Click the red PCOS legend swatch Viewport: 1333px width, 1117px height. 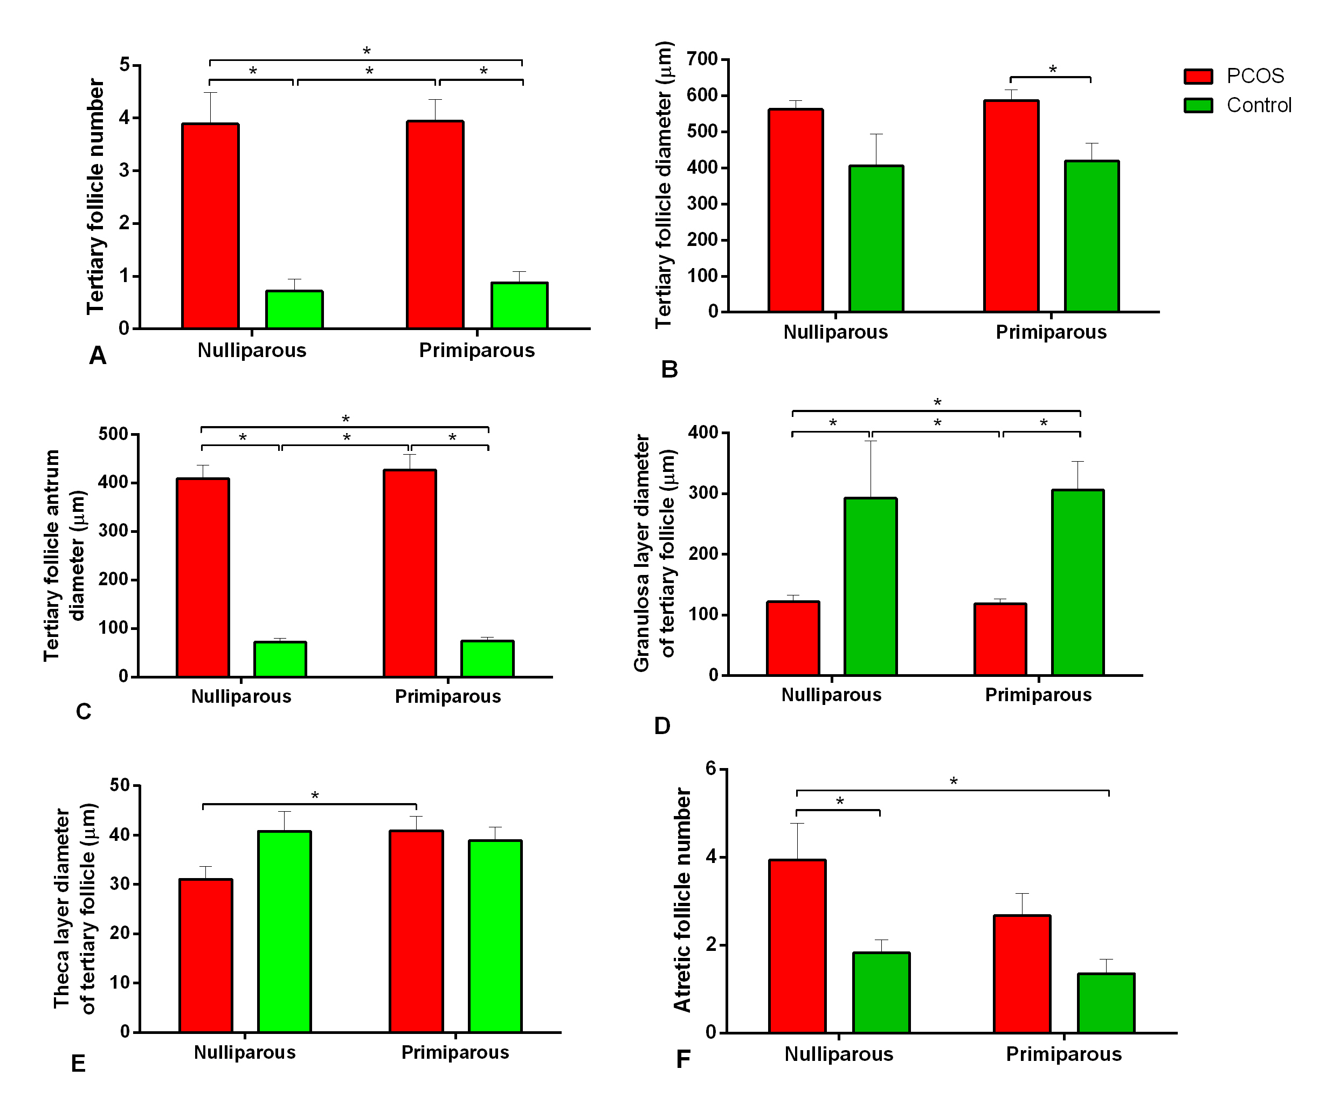click(1198, 76)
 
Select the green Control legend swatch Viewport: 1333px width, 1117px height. click(1198, 105)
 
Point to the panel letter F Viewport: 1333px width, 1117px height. click(683, 1059)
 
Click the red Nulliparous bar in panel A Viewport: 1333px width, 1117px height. click(210, 226)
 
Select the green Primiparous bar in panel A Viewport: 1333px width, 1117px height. click(519, 305)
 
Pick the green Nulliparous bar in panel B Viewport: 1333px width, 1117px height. click(876, 239)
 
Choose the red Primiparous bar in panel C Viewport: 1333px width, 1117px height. click(410, 573)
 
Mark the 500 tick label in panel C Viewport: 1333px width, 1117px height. click(114, 434)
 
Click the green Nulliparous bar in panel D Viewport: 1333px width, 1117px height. click(871, 586)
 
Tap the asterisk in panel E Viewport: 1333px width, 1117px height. click(314, 796)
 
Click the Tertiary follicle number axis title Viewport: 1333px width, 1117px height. click(95, 197)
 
